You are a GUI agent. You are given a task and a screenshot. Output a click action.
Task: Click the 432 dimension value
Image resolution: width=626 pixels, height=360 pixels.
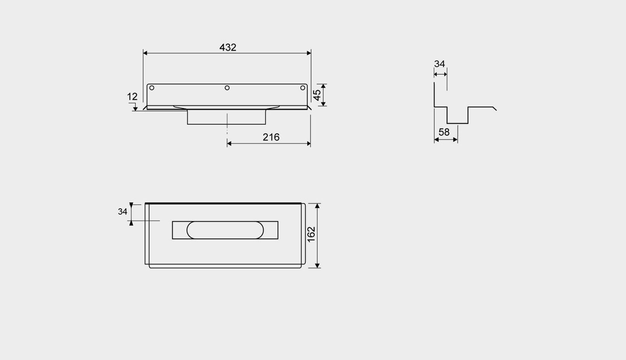tap(228, 48)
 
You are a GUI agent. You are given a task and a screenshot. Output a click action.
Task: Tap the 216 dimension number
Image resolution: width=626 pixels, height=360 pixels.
tap(271, 137)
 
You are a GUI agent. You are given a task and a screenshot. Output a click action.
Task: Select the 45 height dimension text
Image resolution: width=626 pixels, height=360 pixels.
tap(317, 95)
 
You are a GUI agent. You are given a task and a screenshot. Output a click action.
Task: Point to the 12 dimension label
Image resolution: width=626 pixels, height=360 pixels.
tap(132, 97)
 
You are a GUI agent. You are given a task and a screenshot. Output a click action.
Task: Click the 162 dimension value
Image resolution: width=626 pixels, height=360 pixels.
tap(311, 234)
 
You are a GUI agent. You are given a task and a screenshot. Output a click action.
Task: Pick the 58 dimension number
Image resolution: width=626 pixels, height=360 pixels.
tap(444, 132)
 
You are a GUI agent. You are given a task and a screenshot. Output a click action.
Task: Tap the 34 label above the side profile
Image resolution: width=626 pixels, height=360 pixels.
tap(440, 64)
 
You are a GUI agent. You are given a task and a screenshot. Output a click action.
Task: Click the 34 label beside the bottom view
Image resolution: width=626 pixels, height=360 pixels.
tap(123, 212)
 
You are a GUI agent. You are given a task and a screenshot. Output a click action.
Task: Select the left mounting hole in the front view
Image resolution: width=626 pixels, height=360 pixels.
tap(152, 88)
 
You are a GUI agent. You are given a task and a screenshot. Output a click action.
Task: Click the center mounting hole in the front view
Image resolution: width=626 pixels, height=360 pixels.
tap(227, 88)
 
